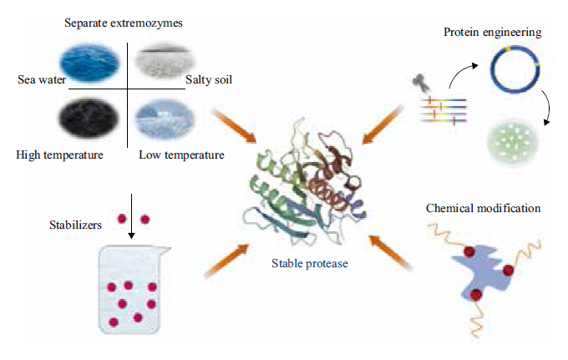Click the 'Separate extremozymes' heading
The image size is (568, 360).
coord(124,23)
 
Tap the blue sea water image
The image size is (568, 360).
coord(89,62)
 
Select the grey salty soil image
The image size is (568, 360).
coord(165,61)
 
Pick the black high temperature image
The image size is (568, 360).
coord(89,118)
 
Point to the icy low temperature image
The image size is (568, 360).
coord(165,119)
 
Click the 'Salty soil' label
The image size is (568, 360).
coord(209,79)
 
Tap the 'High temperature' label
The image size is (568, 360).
coord(59,155)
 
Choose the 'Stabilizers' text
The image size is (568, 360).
coord(75,225)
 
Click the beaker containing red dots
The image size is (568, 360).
coord(133,289)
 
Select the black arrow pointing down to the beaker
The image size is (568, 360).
coord(131,216)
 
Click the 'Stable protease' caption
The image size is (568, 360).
coord(310,263)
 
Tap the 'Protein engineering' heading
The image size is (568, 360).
coord(493,32)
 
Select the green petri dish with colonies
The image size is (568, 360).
coord(513,142)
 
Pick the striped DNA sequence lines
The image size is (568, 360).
coord(444,110)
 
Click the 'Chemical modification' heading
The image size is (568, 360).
coord(484,208)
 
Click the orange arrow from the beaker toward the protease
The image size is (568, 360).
coord(227,261)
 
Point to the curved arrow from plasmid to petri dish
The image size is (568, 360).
coord(548,107)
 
